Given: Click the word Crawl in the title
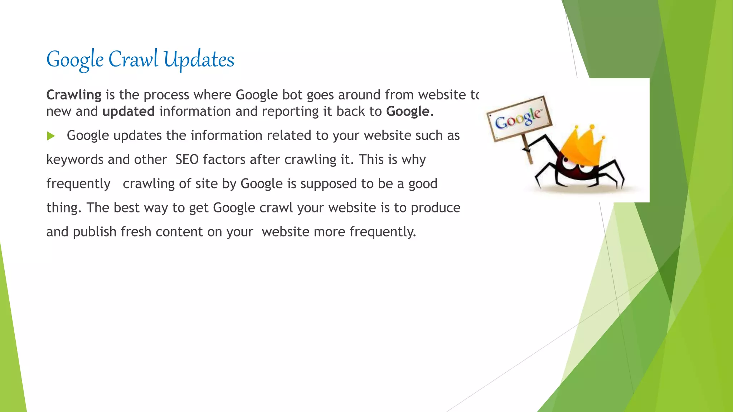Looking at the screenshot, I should click(133, 59).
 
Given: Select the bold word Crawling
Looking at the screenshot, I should click(74, 95).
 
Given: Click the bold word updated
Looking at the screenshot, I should click(128, 112).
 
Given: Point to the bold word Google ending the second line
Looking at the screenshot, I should click(408, 112).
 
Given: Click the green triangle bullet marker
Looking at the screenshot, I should click(51, 136).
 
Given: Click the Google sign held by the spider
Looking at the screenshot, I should click(519, 118).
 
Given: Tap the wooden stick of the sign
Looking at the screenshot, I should click(527, 152).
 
